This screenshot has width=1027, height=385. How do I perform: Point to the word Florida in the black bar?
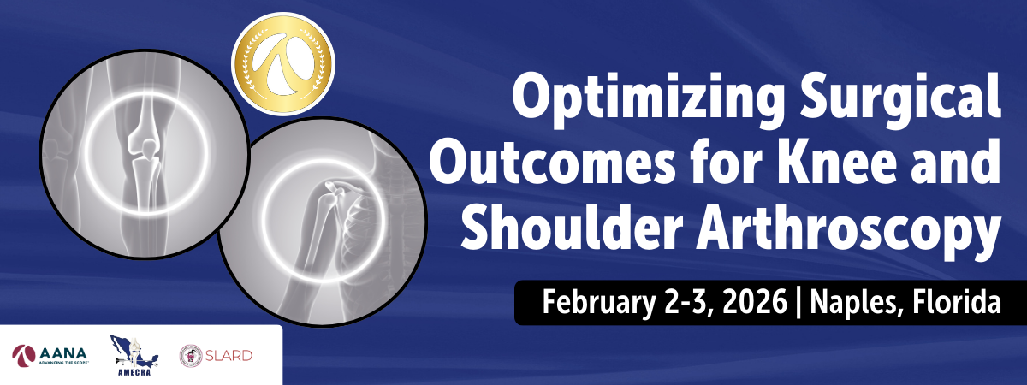957,301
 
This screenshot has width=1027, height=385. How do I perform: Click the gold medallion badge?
283,63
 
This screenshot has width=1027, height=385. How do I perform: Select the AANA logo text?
62,354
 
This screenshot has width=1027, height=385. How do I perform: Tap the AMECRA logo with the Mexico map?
134,355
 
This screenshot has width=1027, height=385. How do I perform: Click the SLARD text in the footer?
229,356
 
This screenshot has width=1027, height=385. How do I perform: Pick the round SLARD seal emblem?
191,356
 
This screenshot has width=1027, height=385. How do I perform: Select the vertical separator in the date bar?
799,304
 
